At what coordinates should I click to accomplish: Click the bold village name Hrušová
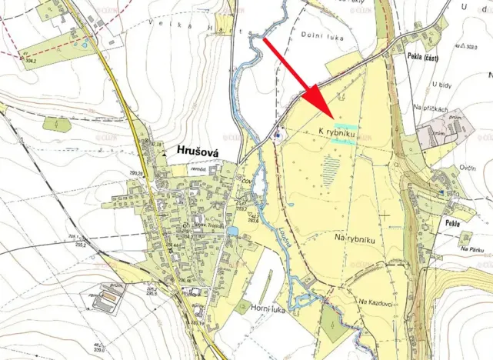(x=198, y=152)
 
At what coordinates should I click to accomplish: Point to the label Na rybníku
(x=354, y=239)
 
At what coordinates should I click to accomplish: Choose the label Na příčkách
(x=430, y=109)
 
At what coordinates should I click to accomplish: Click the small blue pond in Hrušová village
(x=232, y=230)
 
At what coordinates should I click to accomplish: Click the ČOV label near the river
(x=248, y=180)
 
